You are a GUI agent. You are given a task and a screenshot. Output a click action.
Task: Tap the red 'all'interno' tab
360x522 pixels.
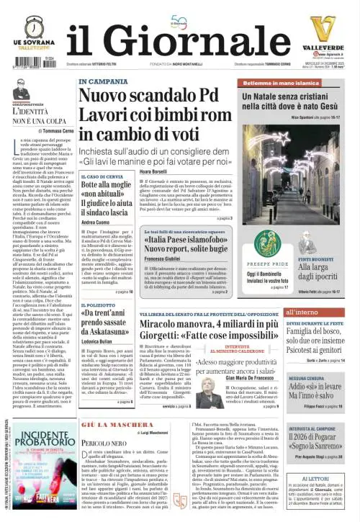[x=302, y=312]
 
